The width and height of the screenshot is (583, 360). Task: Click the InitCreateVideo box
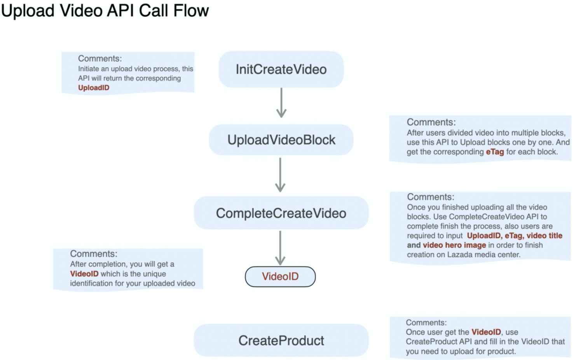tap(281, 69)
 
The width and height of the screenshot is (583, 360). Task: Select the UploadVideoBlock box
tap(281, 140)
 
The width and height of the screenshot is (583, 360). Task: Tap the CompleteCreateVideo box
tap(281, 213)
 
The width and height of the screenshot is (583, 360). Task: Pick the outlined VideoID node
tap(280, 276)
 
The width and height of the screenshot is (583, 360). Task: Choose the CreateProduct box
tap(281, 341)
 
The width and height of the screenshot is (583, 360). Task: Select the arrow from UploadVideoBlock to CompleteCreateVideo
tap(280, 175)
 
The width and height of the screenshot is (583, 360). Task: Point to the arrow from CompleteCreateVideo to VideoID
tap(280, 248)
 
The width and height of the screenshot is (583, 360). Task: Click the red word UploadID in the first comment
tap(94, 88)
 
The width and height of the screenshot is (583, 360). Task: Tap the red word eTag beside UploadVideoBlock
tap(495, 152)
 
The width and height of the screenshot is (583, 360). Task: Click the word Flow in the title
tap(191, 10)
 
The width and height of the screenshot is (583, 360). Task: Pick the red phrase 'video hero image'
tap(454, 245)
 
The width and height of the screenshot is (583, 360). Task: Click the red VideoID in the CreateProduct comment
tap(486, 332)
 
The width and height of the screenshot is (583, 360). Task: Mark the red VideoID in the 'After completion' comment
tap(84, 274)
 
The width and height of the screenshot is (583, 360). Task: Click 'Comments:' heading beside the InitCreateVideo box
tap(100, 59)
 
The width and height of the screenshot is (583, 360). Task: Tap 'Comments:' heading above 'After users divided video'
tap(431, 122)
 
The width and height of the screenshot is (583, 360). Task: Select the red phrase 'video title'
tap(545, 236)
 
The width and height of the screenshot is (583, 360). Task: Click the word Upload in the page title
tap(28, 10)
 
